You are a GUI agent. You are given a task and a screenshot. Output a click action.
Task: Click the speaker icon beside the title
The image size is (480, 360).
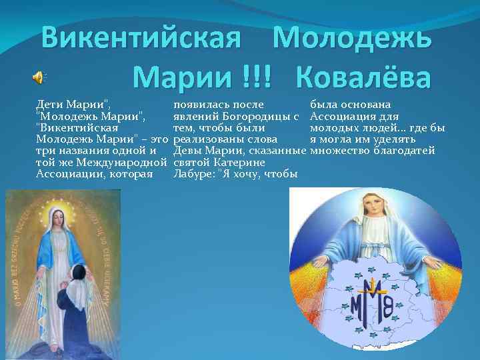(38, 78)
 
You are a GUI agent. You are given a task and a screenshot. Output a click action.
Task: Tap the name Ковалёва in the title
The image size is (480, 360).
(365, 77)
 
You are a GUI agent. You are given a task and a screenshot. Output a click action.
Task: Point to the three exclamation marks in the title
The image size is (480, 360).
(259, 77)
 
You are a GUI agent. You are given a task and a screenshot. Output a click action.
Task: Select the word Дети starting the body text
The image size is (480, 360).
(50, 105)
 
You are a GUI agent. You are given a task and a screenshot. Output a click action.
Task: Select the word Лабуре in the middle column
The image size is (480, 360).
(192, 174)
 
